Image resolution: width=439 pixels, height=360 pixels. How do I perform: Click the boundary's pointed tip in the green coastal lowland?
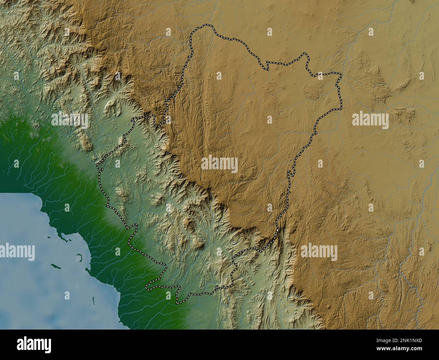click(147, 288)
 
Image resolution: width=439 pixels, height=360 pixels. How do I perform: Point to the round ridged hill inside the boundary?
click(312, 91)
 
